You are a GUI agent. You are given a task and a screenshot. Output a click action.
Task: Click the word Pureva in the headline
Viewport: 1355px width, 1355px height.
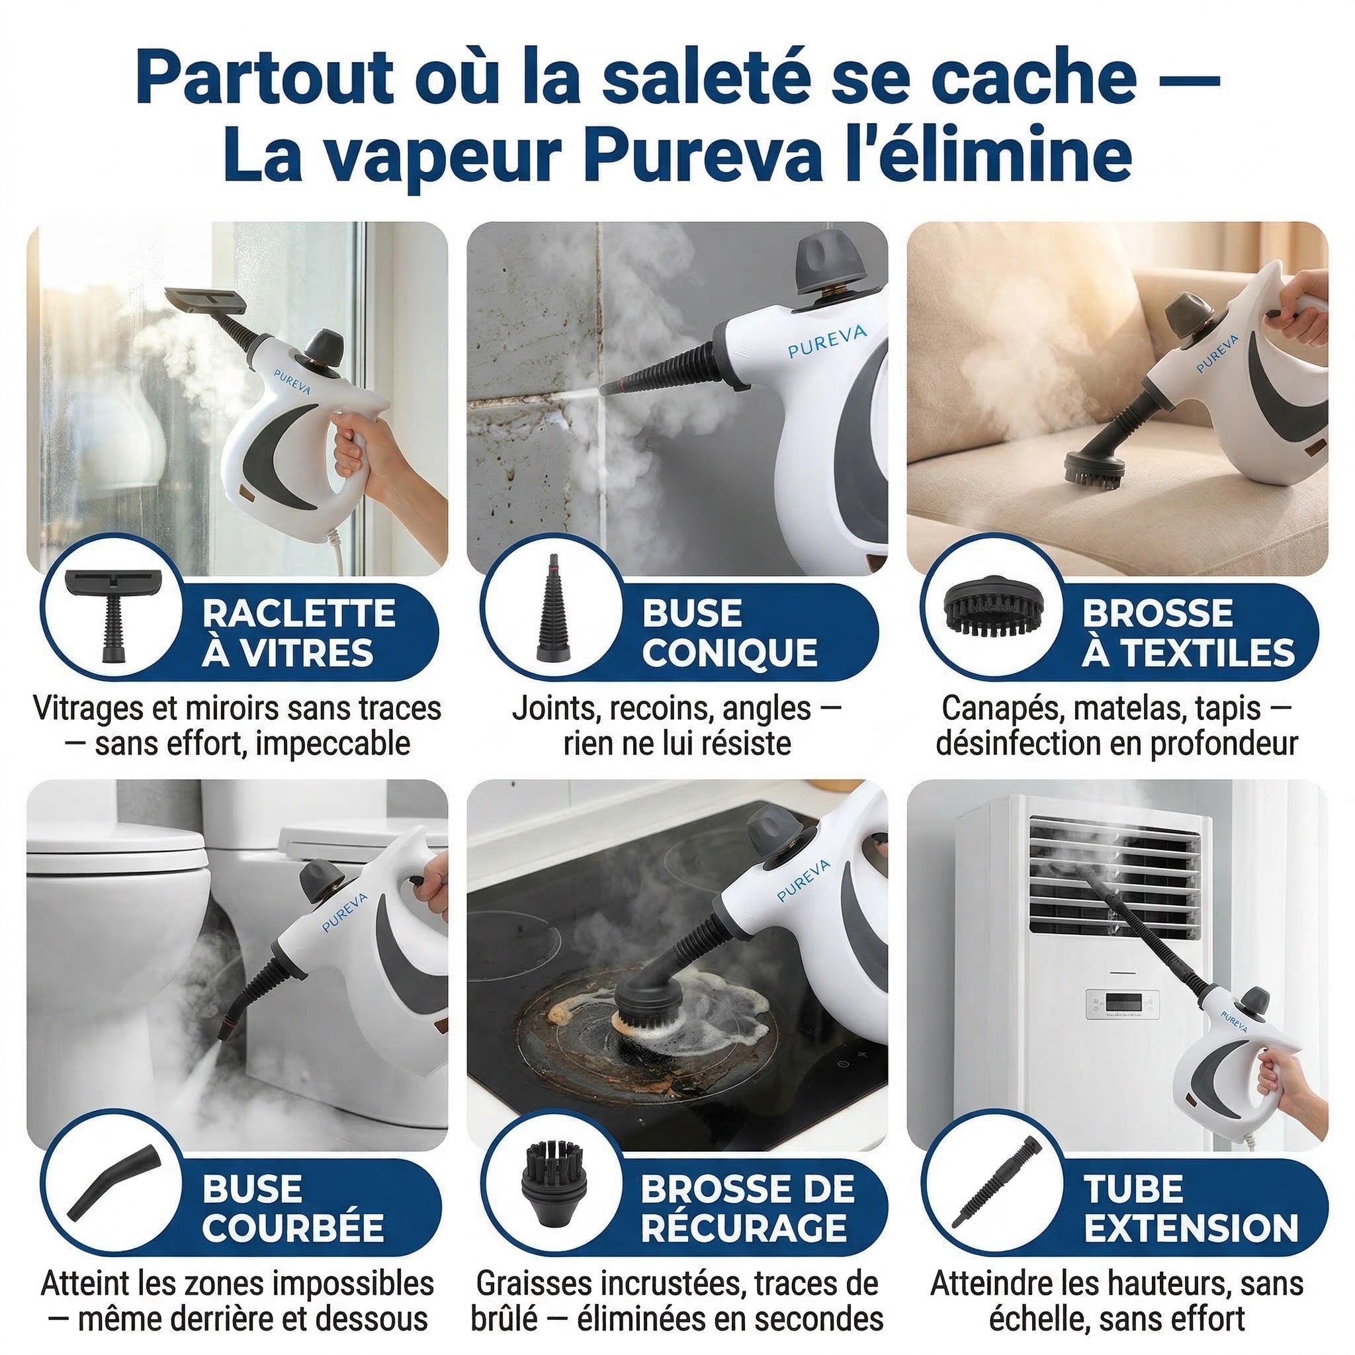pos(701,155)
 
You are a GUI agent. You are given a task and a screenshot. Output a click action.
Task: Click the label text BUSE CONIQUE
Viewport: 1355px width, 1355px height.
pos(729,633)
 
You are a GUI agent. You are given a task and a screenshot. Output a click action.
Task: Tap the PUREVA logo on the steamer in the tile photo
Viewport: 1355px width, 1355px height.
pos(826,341)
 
